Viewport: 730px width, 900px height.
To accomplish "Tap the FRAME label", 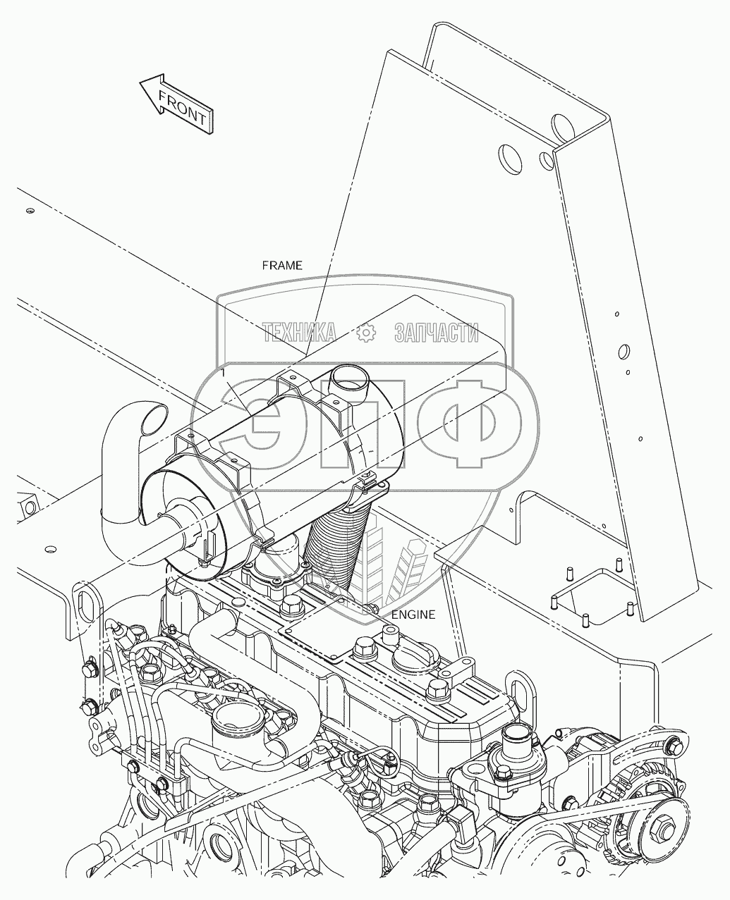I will point(282,266).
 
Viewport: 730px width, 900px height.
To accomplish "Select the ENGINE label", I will point(413,614).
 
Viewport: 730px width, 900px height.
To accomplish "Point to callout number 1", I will point(223,371).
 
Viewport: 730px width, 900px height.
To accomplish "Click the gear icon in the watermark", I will point(366,332).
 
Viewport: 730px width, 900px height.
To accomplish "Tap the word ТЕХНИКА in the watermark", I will point(299,332).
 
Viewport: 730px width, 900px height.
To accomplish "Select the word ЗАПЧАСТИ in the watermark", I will point(437,332).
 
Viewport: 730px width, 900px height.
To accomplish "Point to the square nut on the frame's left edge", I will point(29,505).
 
